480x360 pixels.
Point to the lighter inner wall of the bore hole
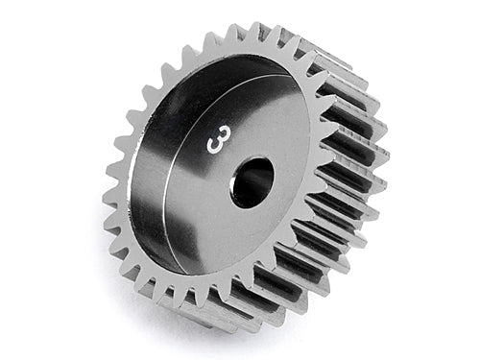(x=261, y=173)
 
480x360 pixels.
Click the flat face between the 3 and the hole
(x=230, y=163)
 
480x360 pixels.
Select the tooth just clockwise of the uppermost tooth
(x=280, y=36)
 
